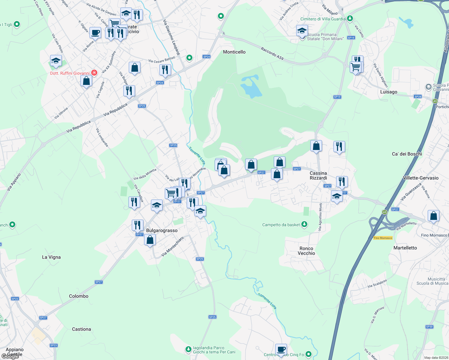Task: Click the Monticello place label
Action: point(234,52)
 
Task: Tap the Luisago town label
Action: point(389,92)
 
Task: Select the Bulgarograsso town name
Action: point(162,230)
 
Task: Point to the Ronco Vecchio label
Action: point(306,251)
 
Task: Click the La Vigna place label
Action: point(51,257)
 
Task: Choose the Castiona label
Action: point(81,329)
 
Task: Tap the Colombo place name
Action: point(79,296)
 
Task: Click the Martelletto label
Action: point(405,248)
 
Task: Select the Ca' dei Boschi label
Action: point(407,154)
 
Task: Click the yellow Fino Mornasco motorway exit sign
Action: point(383,238)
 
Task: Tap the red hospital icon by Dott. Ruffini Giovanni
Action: point(94,73)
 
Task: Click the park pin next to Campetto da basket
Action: point(304,224)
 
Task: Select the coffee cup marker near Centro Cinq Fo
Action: point(281,349)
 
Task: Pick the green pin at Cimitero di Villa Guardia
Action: point(350,19)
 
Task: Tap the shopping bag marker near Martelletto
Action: point(433,216)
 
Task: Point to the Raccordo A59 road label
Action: point(272,53)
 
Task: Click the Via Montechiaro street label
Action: point(172,247)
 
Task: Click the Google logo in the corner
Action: point(10,356)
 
